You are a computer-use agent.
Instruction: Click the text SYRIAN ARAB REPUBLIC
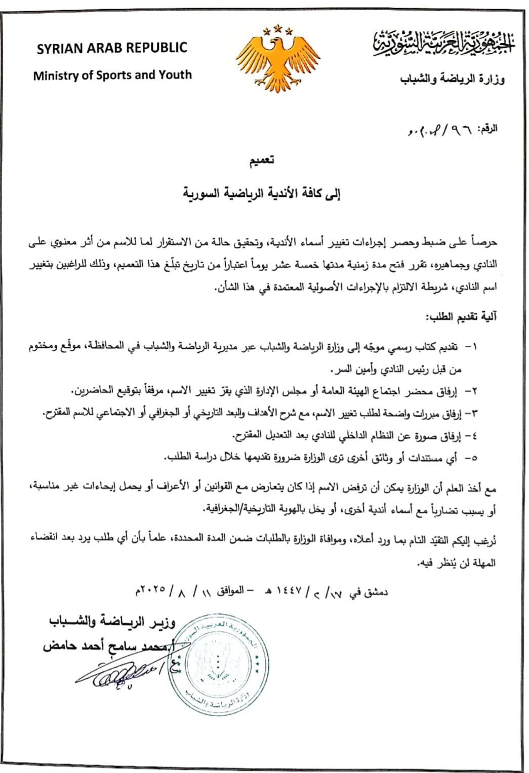112,48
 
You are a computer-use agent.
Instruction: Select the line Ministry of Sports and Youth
112,75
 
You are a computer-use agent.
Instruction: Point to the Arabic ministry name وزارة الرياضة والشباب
453,79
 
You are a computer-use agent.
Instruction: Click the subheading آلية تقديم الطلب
462,317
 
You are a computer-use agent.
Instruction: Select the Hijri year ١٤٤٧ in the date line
288,590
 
